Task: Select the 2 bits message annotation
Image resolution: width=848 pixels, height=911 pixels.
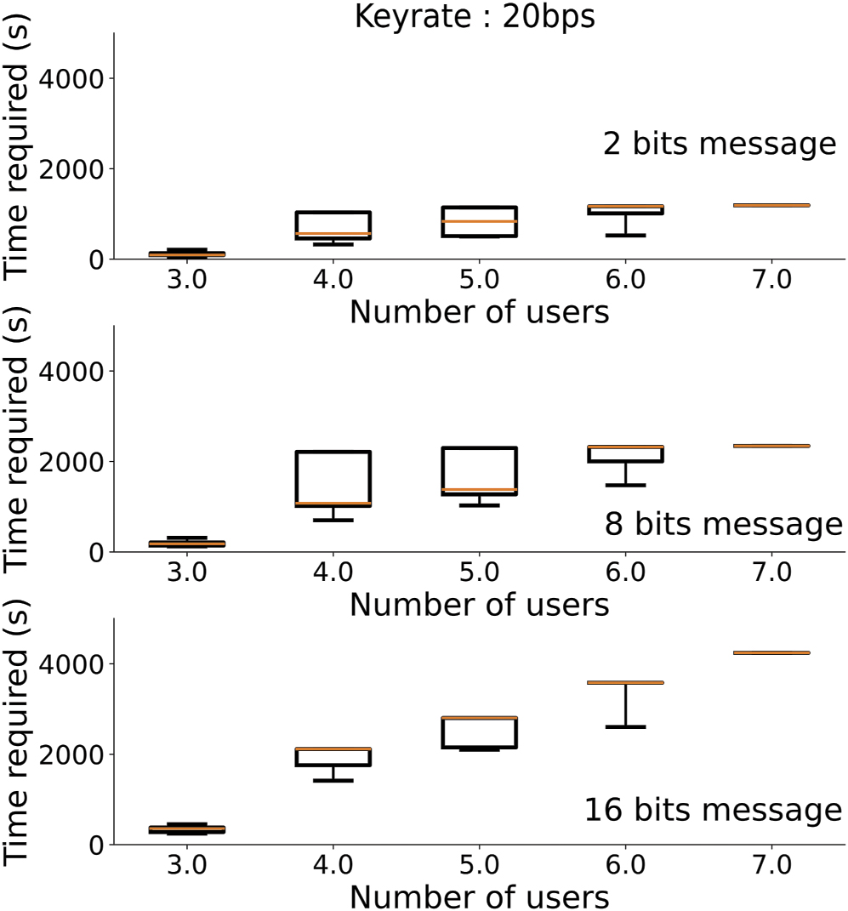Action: point(720,144)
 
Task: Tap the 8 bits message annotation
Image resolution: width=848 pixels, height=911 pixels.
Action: point(723,524)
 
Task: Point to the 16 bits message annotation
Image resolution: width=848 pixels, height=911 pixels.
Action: point(713,810)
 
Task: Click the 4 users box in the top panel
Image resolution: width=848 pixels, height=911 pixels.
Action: point(333,225)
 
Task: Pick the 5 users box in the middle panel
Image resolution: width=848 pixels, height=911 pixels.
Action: point(479,471)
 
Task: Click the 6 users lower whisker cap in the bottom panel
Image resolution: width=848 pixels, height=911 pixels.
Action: point(625,726)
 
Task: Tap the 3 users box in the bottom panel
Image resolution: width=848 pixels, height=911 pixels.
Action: point(186,828)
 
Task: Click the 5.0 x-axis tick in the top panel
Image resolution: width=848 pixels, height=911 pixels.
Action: point(479,282)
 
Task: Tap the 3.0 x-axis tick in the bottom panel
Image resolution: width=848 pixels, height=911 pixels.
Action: point(186,867)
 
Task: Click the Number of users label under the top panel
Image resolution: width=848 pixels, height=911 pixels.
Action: point(479,312)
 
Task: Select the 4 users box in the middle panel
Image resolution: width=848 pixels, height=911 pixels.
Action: point(333,479)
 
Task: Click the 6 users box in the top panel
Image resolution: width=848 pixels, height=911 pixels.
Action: point(625,209)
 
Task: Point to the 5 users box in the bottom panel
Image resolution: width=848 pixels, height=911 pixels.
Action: point(479,732)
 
